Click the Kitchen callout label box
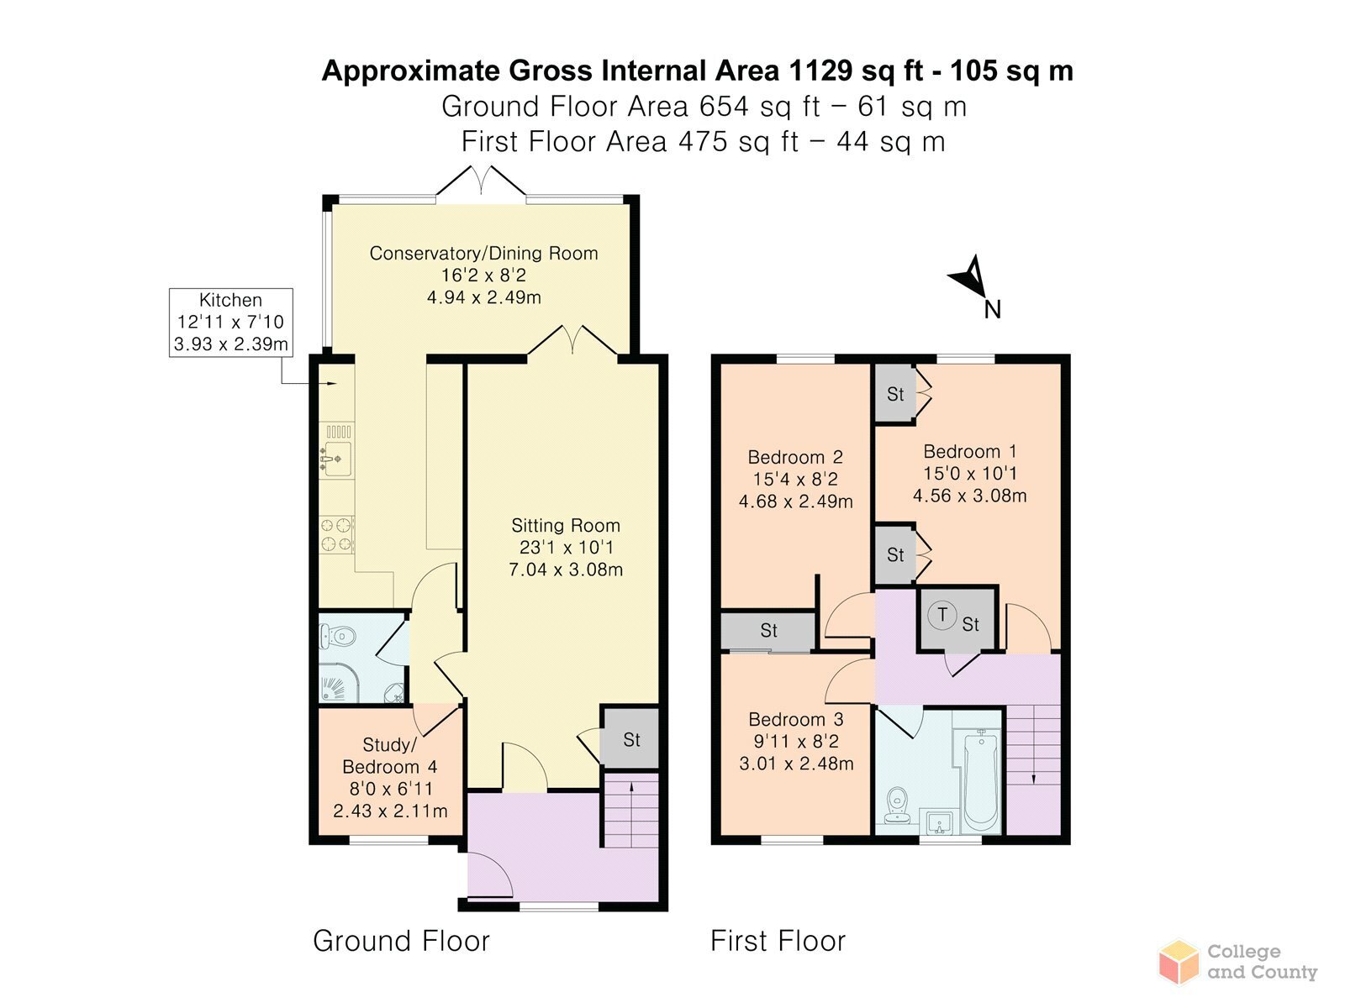[231, 323]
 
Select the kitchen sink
[335, 450]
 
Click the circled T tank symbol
[941, 615]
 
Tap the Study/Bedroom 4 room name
[390, 756]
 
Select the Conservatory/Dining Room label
[483, 254]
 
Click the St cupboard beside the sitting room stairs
[630, 738]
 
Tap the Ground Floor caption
[401, 941]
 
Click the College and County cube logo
[1179, 963]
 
